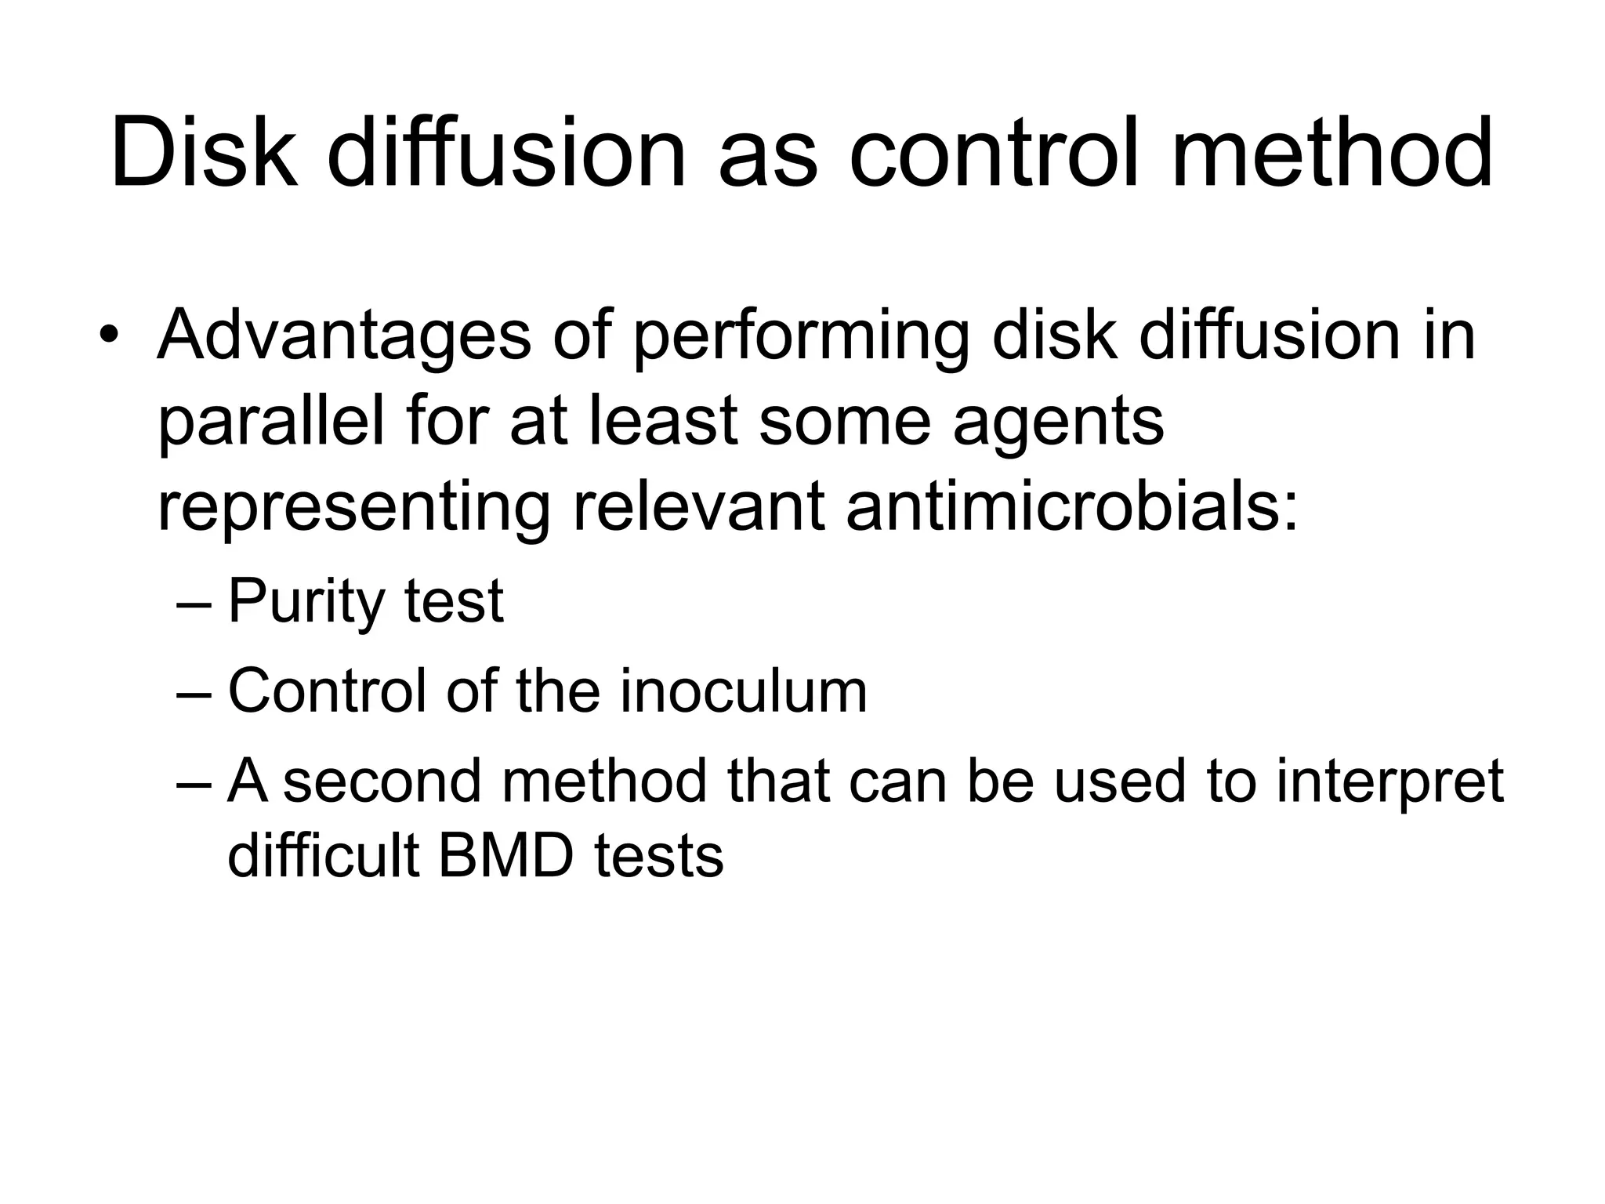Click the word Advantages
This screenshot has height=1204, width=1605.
tap(344, 335)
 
